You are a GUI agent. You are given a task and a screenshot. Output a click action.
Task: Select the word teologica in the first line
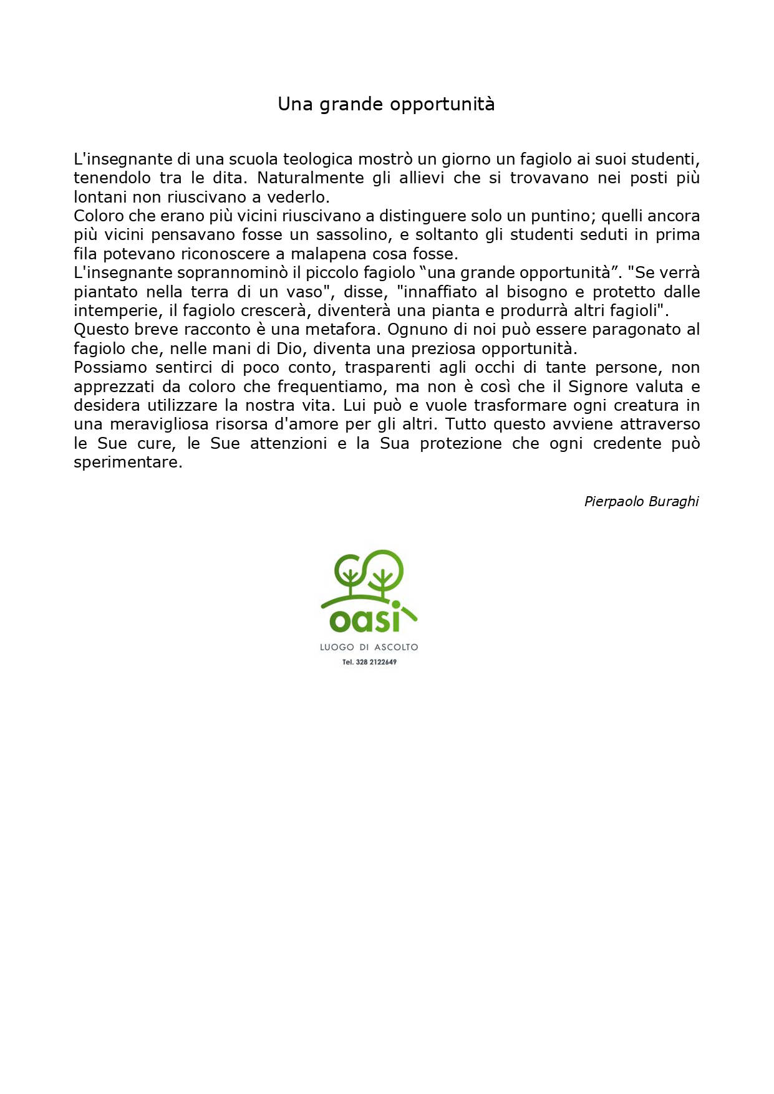coord(318,160)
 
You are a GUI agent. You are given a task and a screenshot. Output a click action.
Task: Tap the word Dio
coord(289,348)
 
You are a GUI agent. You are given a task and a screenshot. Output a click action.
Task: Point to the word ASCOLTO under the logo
coord(396,648)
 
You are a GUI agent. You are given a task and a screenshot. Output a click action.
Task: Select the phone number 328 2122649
coord(376,662)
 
